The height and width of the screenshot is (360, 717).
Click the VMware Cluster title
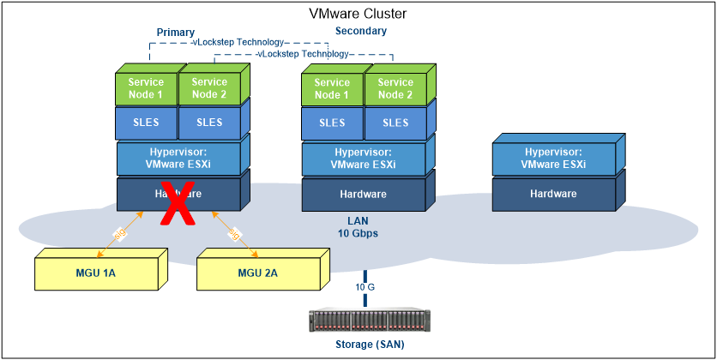[x=358, y=14]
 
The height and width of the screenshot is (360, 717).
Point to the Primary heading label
[x=175, y=32]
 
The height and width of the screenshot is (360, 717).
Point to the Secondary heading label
[x=360, y=31]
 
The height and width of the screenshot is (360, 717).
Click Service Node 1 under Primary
[x=146, y=88]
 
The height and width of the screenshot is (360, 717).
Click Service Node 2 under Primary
[x=209, y=88]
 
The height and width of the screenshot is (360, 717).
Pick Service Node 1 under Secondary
[x=332, y=88]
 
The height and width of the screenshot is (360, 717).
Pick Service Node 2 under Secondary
[x=395, y=88]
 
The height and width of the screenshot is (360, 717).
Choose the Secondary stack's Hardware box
[x=363, y=195]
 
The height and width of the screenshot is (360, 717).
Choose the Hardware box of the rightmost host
[x=553, y=195]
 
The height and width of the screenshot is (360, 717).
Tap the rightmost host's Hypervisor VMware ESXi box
[x=553, y=159]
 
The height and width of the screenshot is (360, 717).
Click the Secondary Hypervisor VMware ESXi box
[x=363, y=159]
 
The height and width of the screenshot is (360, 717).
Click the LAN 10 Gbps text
[x=358, y=226]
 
